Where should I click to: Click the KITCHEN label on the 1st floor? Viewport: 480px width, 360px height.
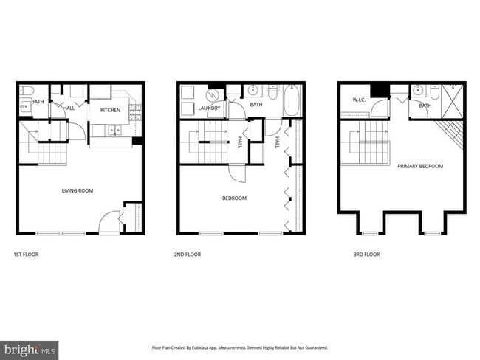[110, 110]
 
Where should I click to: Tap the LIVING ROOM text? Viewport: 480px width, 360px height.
[77, 191]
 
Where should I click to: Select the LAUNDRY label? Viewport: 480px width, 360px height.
[209, 108]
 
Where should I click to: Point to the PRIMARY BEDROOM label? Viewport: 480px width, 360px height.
[420, 166]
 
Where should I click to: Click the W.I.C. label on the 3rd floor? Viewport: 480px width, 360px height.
[360, 100]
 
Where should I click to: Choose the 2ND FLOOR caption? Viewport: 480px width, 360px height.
[188, 255]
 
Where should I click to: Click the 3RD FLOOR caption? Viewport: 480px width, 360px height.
[366, 255]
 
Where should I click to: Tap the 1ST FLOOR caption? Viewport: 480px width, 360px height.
[26, 255]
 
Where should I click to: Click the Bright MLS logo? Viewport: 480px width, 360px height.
[30, 349]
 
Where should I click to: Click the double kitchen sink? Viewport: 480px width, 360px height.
[114, 131]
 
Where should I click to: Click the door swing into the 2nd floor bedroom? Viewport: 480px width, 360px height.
[238, 174]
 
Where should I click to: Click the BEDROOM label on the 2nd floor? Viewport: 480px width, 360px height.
[234, 198]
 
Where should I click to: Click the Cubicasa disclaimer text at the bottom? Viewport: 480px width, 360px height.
[239, 347]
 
